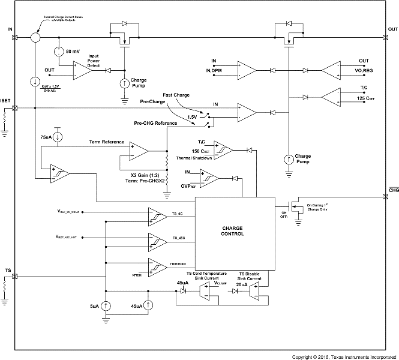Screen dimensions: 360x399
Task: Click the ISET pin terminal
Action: [15, 109]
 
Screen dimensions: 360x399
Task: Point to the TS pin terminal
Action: [15, 277]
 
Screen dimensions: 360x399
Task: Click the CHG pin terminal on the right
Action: [385, 196]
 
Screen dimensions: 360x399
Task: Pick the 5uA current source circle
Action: [106, 305]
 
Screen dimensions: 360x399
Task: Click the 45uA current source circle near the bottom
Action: [149, 305]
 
